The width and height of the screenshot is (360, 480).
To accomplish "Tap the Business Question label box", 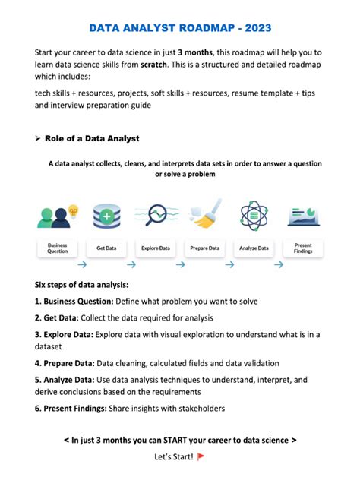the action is point(58,248).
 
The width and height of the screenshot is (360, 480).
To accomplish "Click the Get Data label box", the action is point(106,248).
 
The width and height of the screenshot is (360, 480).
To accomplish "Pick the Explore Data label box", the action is point(155,248).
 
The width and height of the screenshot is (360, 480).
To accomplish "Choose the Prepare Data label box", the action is point(204,248).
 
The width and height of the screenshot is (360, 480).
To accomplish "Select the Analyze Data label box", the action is point(253,248).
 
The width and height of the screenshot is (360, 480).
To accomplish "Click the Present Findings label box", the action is point(302,248).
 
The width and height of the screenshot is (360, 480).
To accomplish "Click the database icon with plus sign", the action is point(106,216).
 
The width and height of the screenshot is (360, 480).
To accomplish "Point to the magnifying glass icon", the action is point(158,215).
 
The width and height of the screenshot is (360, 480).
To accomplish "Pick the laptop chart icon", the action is point(302,216).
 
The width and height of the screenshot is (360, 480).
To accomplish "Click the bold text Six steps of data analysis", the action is point(81,285).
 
